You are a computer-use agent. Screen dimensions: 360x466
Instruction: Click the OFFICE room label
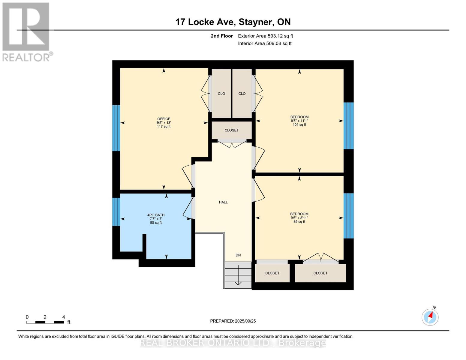coord(164,119)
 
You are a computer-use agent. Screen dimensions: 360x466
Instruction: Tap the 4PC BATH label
coord(156,215)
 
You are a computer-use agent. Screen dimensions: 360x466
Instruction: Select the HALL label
coord(223,202)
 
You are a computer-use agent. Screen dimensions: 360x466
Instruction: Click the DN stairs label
coord(238,255)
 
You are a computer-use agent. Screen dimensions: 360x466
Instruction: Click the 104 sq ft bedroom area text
coord(299,125)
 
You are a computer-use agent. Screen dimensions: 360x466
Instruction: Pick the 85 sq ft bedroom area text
coord(299,222)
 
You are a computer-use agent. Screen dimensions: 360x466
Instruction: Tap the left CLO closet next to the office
coord(221,94)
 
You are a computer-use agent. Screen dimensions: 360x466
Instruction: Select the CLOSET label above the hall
coord(232,130)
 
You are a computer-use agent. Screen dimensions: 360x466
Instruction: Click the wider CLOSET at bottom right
coord(320,273)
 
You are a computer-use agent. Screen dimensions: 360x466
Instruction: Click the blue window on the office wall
coord(116,128)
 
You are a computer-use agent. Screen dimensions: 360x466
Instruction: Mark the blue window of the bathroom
coord(116,211)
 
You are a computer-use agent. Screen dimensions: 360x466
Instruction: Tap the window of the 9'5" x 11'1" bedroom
coord(348,126)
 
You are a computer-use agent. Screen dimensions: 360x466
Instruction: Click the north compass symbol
coord(430,317)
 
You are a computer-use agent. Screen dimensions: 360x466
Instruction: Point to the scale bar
coord(45,322)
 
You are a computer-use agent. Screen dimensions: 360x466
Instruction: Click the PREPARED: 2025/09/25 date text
coord(233,321)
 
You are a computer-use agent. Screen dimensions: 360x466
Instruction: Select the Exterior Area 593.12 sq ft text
coord(265,36)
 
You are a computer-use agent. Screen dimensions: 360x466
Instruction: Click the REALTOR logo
coord(26,32)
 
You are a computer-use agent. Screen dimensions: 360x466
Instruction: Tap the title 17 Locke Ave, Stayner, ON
coord(233,22)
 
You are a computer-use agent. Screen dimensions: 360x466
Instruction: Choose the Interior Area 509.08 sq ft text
coord(265,43)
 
